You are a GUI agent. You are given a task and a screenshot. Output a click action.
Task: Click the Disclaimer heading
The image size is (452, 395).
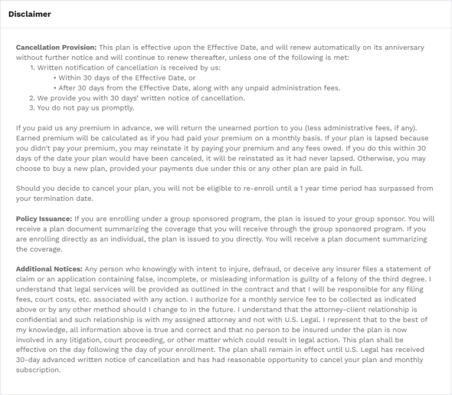(30, 15)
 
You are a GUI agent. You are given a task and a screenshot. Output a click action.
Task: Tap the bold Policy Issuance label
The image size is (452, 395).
(44, 219)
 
